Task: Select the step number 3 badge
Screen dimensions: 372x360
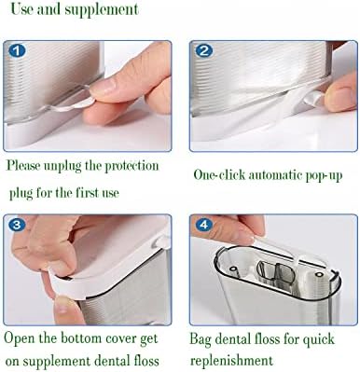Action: [17, 225]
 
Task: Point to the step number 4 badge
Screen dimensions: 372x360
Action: [202, 225]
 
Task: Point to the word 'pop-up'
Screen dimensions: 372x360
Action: [323, 174]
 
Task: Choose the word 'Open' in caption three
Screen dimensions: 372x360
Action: [21, 337]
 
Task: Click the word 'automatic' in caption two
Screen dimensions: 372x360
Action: [275, 174]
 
